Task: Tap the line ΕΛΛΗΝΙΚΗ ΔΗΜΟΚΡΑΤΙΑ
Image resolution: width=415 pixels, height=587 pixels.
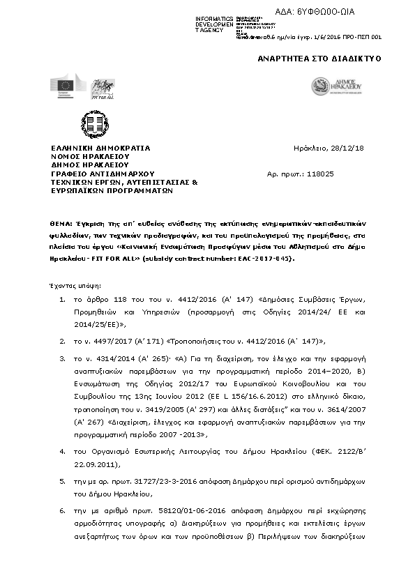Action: tap(100, 148)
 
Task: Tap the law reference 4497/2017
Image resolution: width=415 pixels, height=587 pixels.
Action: tap(107, 342)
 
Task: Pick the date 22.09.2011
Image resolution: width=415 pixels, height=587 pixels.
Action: tap(92, 463)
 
